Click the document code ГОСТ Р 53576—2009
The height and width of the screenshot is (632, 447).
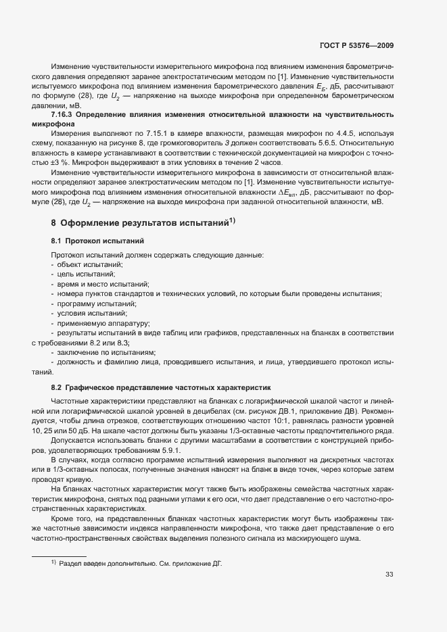click(x=356, y=46)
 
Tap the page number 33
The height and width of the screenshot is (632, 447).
click(x=389, y=575)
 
